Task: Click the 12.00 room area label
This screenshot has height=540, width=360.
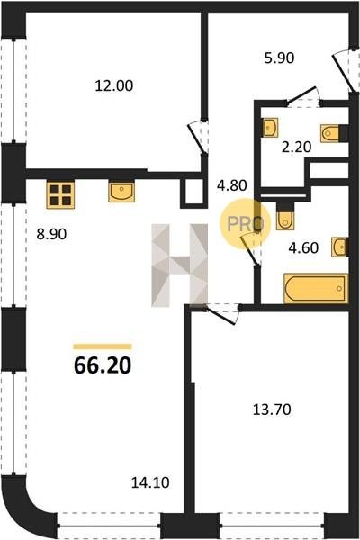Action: point(114,85)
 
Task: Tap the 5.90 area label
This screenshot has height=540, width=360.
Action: point(279,58)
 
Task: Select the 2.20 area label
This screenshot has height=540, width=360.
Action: point(296,147)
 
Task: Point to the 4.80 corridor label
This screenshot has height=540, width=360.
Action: point(232,185)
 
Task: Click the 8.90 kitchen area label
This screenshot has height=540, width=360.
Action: point(51,235)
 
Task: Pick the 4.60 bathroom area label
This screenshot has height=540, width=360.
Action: point(303,247)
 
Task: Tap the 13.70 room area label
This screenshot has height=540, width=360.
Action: point(272,409)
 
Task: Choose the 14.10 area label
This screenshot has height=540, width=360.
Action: point(150,482)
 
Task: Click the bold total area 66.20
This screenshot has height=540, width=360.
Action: point(103,365)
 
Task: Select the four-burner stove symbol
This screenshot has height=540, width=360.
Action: point(60,195)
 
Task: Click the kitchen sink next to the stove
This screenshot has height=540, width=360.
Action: point(121,193)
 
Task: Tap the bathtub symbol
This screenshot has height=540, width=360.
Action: point(316,288)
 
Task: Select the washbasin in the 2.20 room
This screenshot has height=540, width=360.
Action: point(270,128)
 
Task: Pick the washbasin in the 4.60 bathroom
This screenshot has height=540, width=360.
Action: point(339,247)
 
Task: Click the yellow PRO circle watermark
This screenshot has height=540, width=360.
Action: point(246,224)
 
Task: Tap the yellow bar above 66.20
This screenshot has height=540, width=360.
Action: point(103,346)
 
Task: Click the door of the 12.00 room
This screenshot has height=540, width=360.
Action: point(198,138)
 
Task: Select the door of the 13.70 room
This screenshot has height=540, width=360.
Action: point(220,315)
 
